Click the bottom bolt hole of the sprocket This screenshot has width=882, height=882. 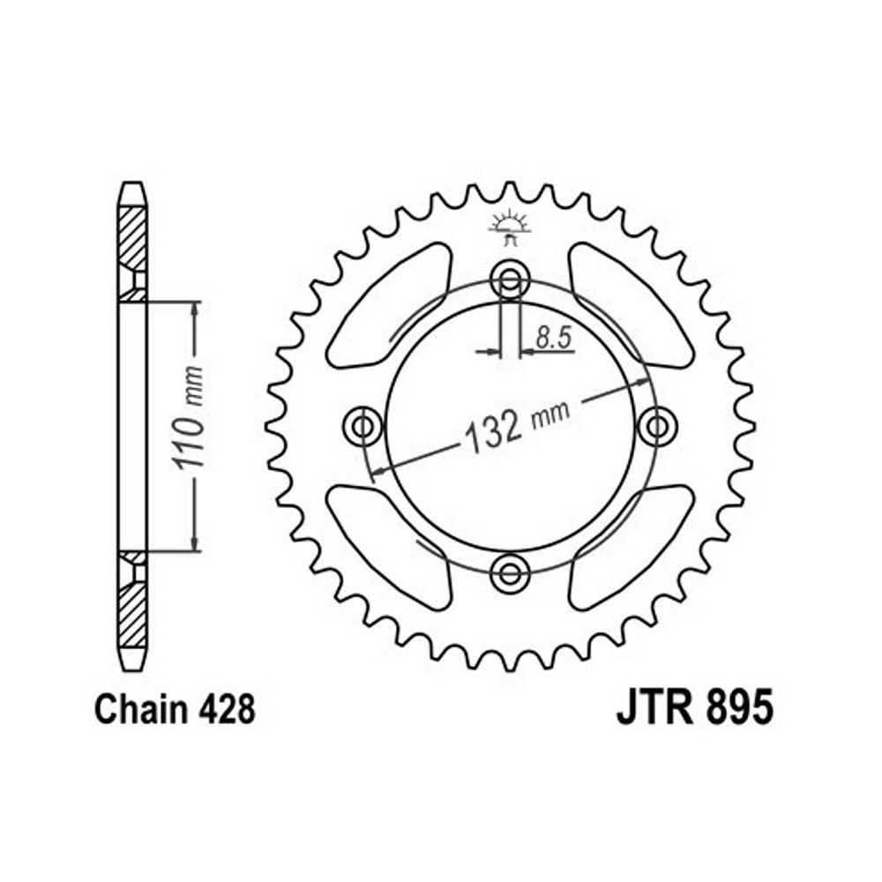coord(510,574)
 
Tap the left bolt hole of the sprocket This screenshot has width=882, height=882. coord(363,427)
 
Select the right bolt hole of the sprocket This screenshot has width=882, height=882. coord(658,427)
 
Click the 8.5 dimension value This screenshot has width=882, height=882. coord(554,338)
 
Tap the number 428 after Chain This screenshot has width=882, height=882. coord(227,710)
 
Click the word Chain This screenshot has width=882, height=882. coord(142,710)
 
